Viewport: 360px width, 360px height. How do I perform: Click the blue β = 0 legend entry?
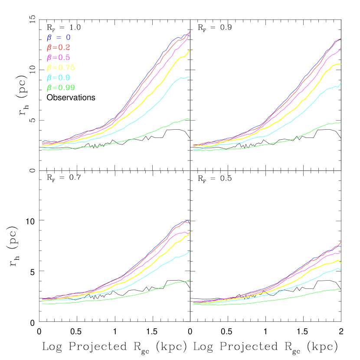58,38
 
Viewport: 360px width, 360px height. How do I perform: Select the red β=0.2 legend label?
58,48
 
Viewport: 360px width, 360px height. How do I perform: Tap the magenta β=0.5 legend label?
58,58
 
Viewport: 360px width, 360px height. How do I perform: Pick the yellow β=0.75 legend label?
61,68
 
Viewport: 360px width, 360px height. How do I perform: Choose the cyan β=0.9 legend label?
58,78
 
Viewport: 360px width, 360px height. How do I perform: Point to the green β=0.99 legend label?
61,88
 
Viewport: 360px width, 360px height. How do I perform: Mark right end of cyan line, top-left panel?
190,77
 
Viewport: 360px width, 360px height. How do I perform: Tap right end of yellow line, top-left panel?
190,49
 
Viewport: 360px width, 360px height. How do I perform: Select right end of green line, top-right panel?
341,122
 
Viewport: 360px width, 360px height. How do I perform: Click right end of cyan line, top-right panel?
341,83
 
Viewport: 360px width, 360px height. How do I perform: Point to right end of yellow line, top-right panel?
341,64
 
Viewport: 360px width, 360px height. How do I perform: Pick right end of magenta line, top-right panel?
341,48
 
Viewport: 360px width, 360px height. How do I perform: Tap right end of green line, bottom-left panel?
190,280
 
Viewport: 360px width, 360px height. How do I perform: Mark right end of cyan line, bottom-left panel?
190,251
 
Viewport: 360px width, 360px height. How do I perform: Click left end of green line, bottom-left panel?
43,304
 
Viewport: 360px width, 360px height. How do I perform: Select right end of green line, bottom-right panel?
341,289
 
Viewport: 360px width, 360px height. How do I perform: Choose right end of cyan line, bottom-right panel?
341,271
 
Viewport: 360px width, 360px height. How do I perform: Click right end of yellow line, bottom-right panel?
341,263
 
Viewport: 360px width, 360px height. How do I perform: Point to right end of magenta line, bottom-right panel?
341,252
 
